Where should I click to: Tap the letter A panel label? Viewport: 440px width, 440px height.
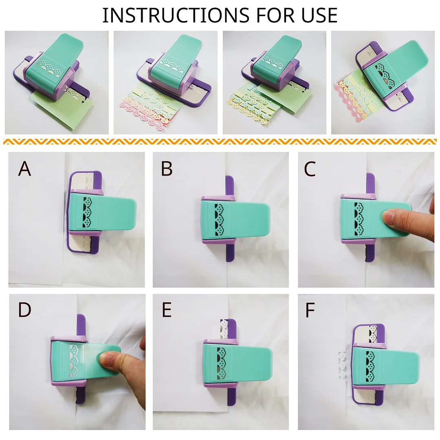tap(24, 168)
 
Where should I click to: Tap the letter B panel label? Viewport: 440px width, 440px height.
tap(167, 168)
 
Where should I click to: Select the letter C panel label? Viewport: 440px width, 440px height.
tap(310, 168)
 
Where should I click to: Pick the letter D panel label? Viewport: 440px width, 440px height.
tap(25, 310)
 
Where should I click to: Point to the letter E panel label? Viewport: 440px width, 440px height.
tap(167, 310)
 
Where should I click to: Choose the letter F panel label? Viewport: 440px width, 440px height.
tap(310, 310)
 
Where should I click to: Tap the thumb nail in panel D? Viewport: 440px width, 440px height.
tap(107, 360)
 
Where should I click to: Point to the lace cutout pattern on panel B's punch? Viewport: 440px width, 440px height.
tap(219, 219)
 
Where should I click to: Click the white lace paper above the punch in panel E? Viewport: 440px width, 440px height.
tap(223, 329)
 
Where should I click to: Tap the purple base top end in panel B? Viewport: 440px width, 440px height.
tap(229, 185)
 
